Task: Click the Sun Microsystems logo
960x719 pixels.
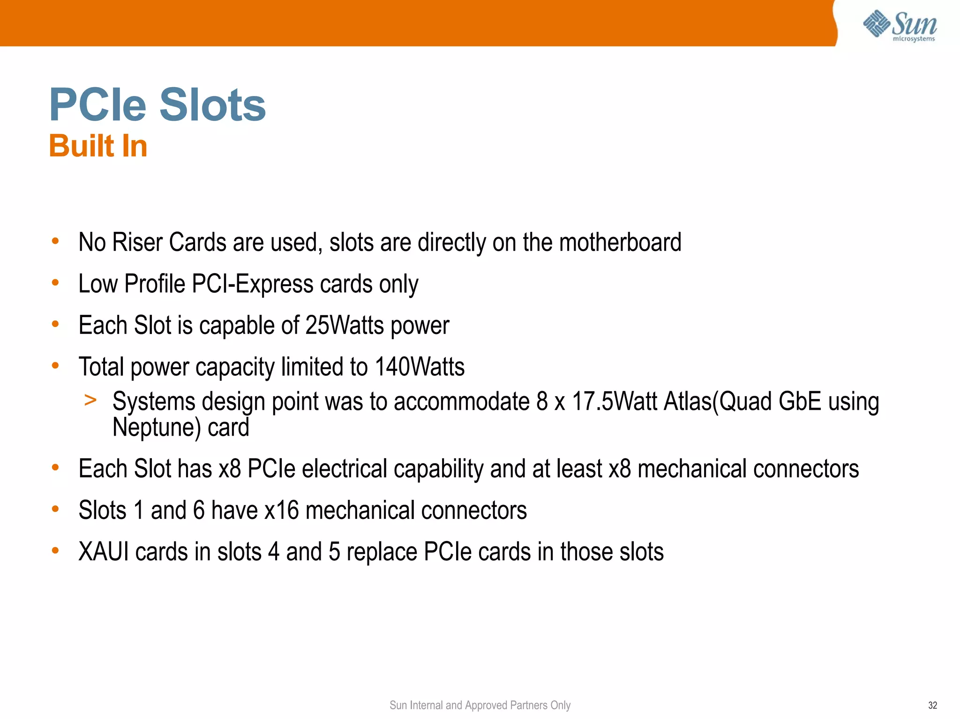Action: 900,25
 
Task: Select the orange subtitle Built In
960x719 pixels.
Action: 98,146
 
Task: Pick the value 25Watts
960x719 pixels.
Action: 345,325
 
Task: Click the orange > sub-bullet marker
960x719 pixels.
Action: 90,400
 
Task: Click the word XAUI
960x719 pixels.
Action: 104,552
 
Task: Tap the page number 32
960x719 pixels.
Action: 932,705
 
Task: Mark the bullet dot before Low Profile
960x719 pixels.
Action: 55,282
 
